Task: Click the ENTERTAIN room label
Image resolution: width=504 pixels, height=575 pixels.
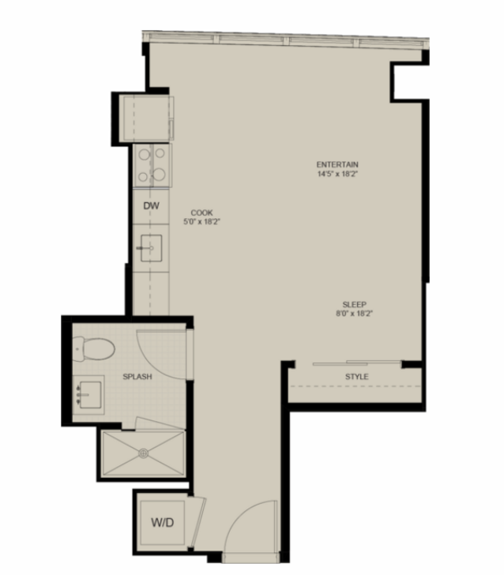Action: click(x=337, y=164)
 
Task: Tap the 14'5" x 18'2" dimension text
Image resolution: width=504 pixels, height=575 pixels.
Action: click(x=337, y=174)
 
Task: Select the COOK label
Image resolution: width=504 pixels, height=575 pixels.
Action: click(x=201, y=212)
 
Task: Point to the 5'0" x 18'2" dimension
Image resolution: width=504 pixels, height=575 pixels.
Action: click(x=201, y=222)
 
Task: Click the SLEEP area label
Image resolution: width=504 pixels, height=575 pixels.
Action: click(x=355, y=304)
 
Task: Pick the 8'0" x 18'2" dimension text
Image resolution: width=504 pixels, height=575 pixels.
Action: click(x=355, y=314)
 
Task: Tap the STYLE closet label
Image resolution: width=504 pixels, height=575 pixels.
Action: click(x=356, y=377)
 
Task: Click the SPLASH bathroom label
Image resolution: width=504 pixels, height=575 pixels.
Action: click(x=137, y=377)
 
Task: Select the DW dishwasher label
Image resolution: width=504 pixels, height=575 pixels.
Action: click(x=151, y=205)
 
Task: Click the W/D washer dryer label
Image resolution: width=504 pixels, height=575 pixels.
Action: click(x=163, y=522)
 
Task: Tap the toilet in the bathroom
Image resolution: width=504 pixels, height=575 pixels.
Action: click(x=94, y=349)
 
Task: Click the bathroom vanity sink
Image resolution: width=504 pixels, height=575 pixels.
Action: click(x=88, y=395)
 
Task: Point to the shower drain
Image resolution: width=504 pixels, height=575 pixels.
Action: click(x=144, y=453)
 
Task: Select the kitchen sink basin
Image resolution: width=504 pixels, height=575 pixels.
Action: click(x=151, y=248)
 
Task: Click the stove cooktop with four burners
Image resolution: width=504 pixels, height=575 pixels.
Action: click(x=152, y=166)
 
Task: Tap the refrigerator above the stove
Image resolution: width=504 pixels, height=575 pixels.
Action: click(x=148, y=118)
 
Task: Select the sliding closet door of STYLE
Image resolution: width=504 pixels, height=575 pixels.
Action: click(x=356, y=363)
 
